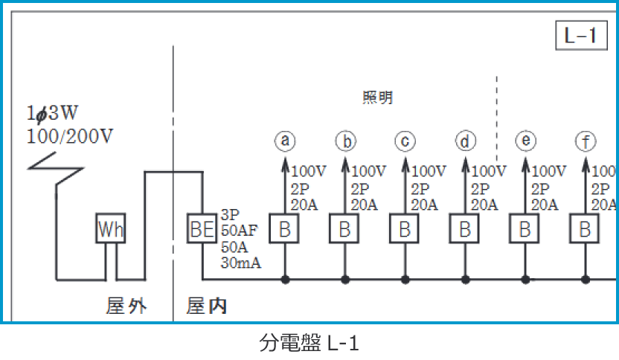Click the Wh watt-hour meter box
111,230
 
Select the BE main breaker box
202,230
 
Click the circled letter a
285,140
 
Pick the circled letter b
345,140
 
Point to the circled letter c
405,140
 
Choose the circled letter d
465,140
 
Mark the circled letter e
525,140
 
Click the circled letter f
586,140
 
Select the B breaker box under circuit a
285,230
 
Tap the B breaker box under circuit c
405,230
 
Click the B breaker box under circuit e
525,230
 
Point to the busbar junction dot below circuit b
345,280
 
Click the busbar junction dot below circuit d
466,280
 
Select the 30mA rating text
241,263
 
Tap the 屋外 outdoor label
126,306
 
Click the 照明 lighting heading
377,97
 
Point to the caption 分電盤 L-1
309,344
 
